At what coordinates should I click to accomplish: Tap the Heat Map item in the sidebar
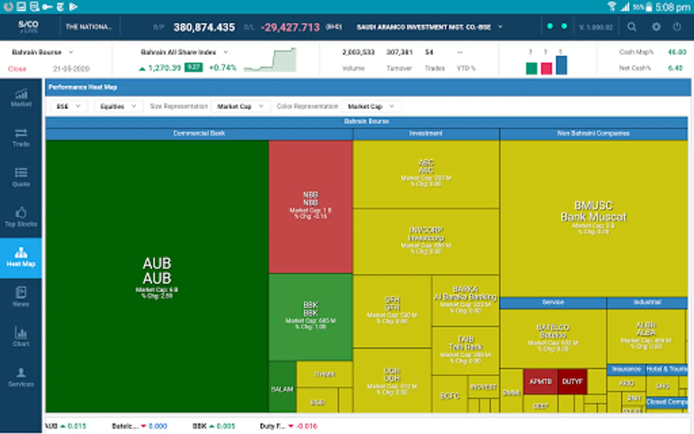21,258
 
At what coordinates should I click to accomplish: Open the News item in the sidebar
21,297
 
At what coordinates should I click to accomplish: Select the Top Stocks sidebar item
21,217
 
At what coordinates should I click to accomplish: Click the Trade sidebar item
21,137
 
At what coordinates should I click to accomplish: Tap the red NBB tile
310,206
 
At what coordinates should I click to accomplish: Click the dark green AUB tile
157,276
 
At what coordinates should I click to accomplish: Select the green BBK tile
310,316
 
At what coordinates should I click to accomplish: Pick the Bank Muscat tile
593,217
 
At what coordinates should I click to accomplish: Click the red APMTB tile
540,381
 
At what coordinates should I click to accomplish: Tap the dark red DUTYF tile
572,381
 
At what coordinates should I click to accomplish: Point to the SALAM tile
282,389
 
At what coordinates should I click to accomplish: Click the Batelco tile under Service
553,338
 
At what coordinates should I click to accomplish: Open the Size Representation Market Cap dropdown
240,106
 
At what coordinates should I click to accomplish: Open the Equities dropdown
118,106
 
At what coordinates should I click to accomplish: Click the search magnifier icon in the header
632,27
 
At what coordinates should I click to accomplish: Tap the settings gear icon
656,27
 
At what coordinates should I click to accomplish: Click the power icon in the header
677,27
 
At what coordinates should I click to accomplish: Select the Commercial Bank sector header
199,134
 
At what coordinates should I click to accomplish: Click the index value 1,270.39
164,68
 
